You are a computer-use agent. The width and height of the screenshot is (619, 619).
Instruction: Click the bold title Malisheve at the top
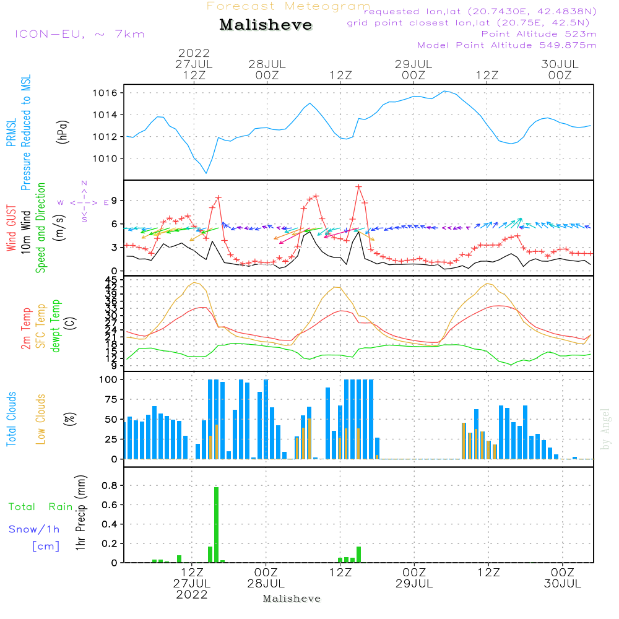[x=266, y=25]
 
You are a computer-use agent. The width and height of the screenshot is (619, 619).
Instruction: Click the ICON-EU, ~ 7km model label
[x=80, y=34]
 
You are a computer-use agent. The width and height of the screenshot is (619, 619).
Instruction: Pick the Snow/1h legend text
[x=35, y=529]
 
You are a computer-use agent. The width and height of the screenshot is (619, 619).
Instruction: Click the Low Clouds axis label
[x=41, y=418]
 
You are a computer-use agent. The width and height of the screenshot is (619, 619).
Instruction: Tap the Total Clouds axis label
[x=11, y=418]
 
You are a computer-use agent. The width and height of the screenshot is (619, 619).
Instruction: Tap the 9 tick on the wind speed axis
[x=115, y=201]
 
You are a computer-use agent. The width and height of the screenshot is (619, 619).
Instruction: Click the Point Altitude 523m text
[x=539, y=34]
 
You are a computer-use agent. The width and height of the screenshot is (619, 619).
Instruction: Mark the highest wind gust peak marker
[x=358, y=186]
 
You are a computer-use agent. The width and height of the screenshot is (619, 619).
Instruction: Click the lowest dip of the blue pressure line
[x=206, y=173]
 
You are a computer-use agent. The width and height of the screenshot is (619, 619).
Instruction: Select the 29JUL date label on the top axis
[x=413, y=64]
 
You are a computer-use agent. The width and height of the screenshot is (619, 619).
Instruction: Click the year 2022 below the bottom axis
[x=192, y=594]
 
